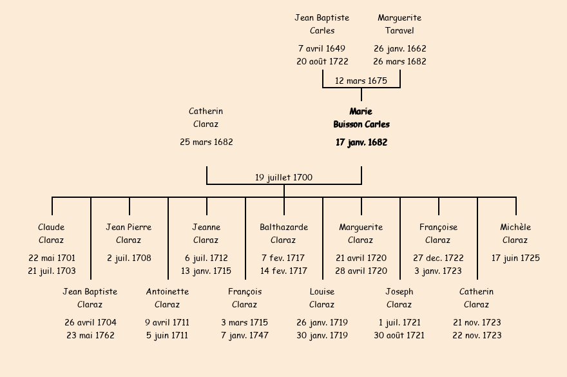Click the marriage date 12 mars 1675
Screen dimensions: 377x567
[361, 81]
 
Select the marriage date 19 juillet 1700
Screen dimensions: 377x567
[283, 177]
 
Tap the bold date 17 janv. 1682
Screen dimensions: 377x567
[361, 142]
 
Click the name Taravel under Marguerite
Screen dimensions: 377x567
[399, 30]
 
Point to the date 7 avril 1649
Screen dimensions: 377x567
[322, 48]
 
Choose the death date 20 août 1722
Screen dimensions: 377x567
[322, 61]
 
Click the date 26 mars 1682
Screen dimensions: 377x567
[399, 61]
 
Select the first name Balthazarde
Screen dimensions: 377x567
[283, 227]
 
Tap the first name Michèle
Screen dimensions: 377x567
[515, 227]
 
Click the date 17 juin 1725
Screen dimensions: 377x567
[515, 258]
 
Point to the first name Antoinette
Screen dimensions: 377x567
[168, 291]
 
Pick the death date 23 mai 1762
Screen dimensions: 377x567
[90, 335]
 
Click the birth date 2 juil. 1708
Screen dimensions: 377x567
[129, 258]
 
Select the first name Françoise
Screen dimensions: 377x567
[438, 227]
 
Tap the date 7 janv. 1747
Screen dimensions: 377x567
[245, 335]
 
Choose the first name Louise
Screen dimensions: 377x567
[322, 291]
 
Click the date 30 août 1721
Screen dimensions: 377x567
[399, 335]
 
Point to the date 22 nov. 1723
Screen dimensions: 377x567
[477, 335]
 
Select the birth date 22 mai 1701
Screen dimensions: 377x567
[52, 258]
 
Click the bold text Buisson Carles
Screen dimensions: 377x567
[361, 124]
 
